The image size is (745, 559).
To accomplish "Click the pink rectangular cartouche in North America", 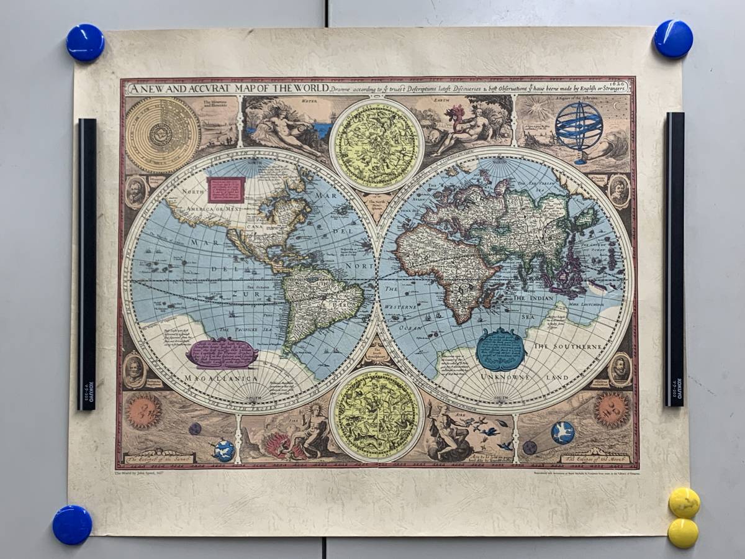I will (x=226, y=189).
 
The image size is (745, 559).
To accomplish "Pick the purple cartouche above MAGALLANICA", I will (x=222, y=353).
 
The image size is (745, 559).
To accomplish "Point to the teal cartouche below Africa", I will (x=500, y=350).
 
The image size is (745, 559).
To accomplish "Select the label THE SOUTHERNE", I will (x=568, y=346).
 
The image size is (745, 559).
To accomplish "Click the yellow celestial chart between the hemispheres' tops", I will (x=376, y=145).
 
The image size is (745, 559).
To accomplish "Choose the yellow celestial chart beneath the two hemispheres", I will (x=376, y=414).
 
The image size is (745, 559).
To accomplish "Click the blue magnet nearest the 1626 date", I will (x=673, y=39).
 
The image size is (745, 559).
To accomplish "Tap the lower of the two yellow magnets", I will (x=683, y=533).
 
